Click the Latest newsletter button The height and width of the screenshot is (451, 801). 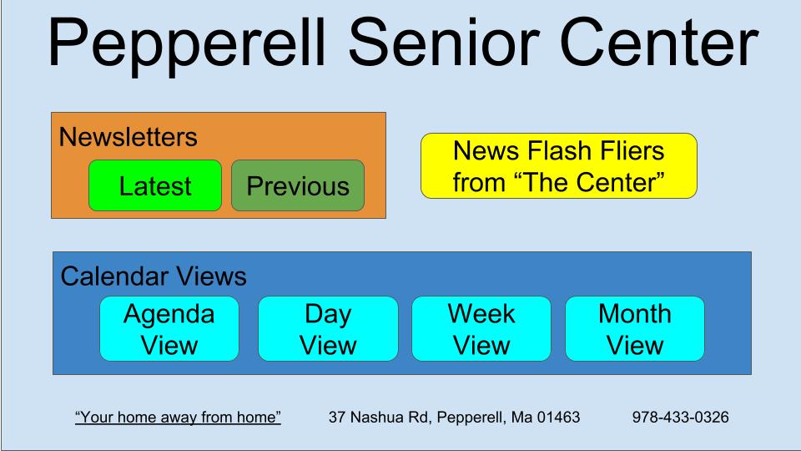155,185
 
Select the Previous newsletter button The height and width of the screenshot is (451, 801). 298,185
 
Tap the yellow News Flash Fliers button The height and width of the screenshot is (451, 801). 558,166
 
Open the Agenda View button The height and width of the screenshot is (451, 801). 169,329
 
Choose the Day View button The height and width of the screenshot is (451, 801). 328,329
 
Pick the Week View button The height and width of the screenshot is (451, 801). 481,329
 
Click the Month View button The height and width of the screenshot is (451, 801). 635,329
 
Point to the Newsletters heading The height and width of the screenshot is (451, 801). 128,137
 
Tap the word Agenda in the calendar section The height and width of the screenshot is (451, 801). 169,314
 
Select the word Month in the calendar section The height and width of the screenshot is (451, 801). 635,314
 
